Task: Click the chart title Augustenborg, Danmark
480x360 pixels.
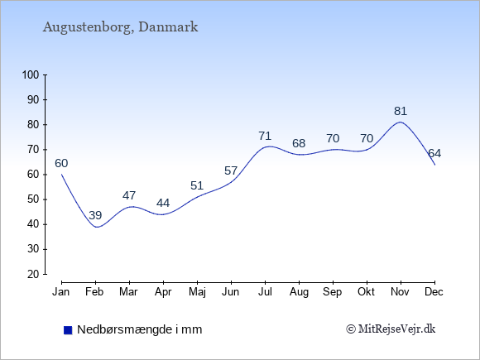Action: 120,27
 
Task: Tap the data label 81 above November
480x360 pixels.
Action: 401,111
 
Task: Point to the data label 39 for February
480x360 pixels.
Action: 95,215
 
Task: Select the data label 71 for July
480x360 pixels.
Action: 265,136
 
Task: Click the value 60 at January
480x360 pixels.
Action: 61,164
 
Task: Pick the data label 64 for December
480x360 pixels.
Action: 434,153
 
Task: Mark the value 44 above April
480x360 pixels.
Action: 163,203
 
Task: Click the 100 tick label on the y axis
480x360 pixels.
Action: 31,75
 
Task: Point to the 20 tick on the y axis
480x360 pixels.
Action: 33,274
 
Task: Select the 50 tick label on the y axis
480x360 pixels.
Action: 33,199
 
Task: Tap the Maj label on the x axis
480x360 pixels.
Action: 197,292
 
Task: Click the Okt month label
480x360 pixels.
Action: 366,292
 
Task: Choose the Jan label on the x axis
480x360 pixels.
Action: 61,292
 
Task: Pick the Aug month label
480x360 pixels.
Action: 299,292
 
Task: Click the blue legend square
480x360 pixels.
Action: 68,330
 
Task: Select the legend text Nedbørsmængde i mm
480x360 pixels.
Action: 140,329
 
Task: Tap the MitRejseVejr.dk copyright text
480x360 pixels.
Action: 391,329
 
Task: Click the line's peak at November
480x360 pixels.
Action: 401,122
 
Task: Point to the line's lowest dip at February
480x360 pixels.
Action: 97,227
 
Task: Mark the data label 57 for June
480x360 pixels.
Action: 231,170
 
